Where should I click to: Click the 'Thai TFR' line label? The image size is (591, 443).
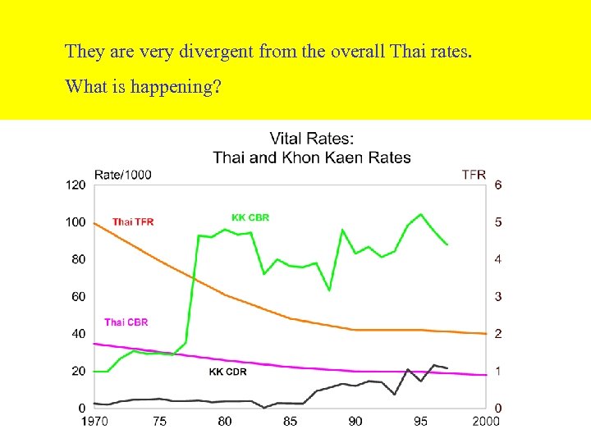coord(133,221)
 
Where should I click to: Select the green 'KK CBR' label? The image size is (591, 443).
coord(250,217)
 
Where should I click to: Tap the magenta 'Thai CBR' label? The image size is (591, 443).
coord(126,322)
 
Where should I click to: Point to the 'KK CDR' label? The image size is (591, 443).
coord(227,372)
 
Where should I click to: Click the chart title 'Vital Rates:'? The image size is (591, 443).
coord(312,139)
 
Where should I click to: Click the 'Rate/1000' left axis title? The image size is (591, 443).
coord(123,174)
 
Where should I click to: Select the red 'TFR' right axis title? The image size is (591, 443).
coord(474,174)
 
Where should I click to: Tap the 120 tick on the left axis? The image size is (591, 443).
coord(76,185)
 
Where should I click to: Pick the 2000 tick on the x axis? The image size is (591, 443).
coord(486,422)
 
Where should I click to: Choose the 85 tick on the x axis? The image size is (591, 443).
coord(290,422)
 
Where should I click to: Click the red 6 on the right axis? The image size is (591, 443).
coord(498,185)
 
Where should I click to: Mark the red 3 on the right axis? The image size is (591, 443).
coord(498,296)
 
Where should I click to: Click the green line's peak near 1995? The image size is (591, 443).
coord(421,214)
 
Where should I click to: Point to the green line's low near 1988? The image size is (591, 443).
coord(329,290)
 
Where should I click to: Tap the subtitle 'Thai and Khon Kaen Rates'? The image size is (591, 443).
coord(312,157)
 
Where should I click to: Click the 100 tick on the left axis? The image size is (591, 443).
coord(76,221)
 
